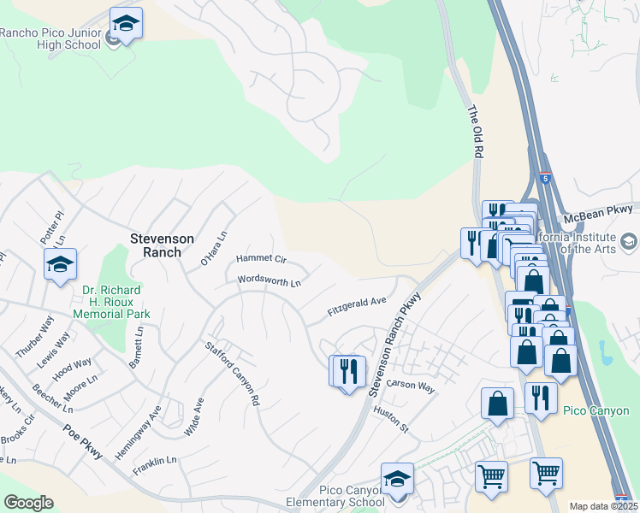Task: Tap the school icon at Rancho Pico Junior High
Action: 126,24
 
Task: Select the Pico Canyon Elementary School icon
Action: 397,480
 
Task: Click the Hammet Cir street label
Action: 262,258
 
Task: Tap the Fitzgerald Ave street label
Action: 357,307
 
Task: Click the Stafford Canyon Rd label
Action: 231,373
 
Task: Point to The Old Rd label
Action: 472,131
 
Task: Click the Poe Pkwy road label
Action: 84,439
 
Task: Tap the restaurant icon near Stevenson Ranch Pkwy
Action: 348,373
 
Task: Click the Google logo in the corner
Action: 28,503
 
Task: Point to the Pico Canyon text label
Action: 596,411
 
